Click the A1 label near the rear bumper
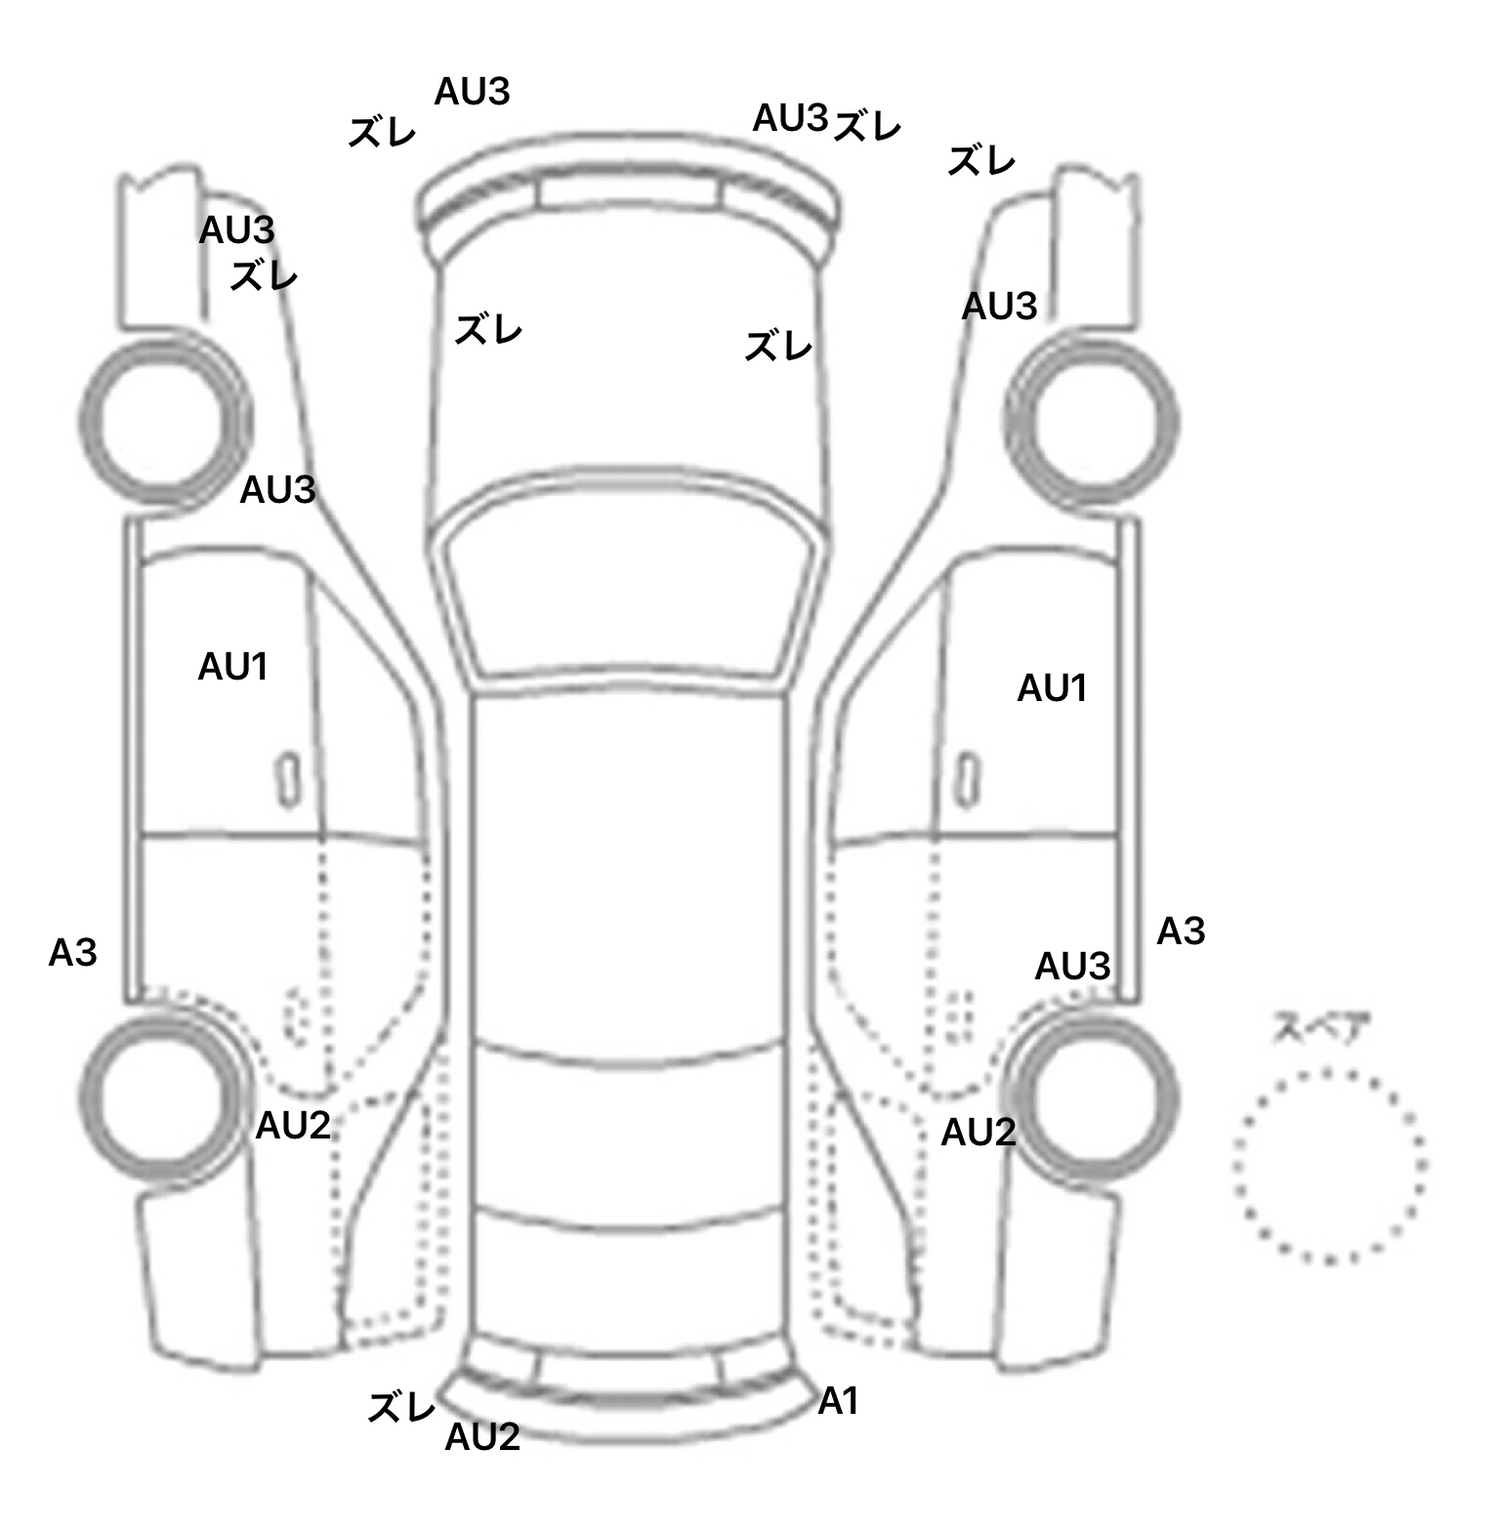coord(838,1401)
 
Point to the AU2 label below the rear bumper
coord(482,1436)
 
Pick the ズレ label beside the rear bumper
coord(401,1407)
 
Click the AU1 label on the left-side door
coord(232,667)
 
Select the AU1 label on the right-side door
coord(1052,688)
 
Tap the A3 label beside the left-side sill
coord(73,952)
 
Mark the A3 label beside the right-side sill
coord(1181,931)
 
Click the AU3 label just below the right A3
coord(1072,967)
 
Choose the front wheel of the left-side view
coord(163,421)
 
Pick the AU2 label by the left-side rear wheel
coord(293,1126)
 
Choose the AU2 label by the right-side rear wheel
coord(979,1133)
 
